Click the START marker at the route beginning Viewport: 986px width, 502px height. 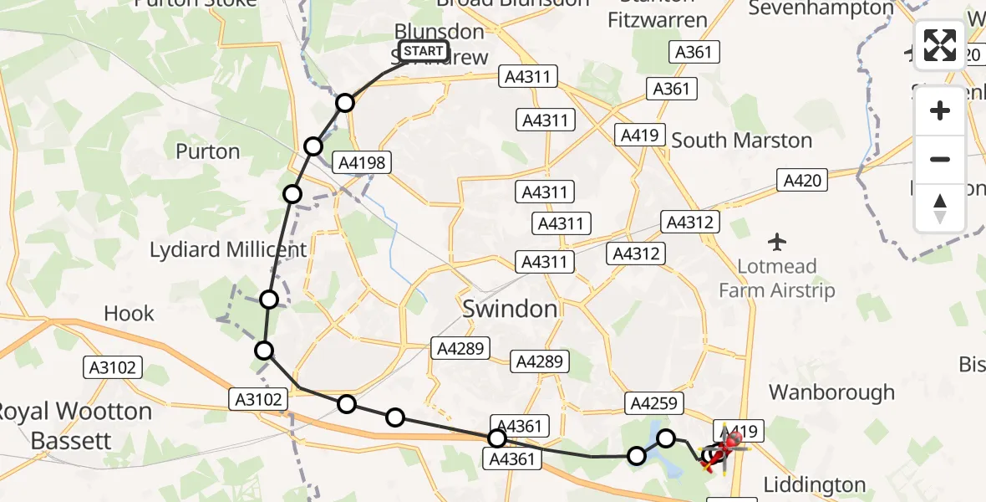click(424, 52)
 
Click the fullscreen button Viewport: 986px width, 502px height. click(940, 45)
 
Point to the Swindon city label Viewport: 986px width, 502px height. click(510, 309)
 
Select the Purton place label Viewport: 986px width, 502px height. click(208, 151)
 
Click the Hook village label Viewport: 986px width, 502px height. click(130, 314)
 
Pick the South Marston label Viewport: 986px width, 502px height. click(742, 140)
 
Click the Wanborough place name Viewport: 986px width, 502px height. click(831, 392)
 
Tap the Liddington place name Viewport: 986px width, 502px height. click(816, 484)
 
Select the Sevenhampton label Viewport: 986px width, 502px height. click(821, 8)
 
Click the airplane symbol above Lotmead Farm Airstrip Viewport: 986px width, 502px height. click(777, 243)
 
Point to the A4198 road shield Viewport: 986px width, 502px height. click(363, 162)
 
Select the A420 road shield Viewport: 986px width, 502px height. click(802, 180)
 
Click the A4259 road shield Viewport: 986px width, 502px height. click(654, 404)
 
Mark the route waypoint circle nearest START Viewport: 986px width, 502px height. click(345, 103)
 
